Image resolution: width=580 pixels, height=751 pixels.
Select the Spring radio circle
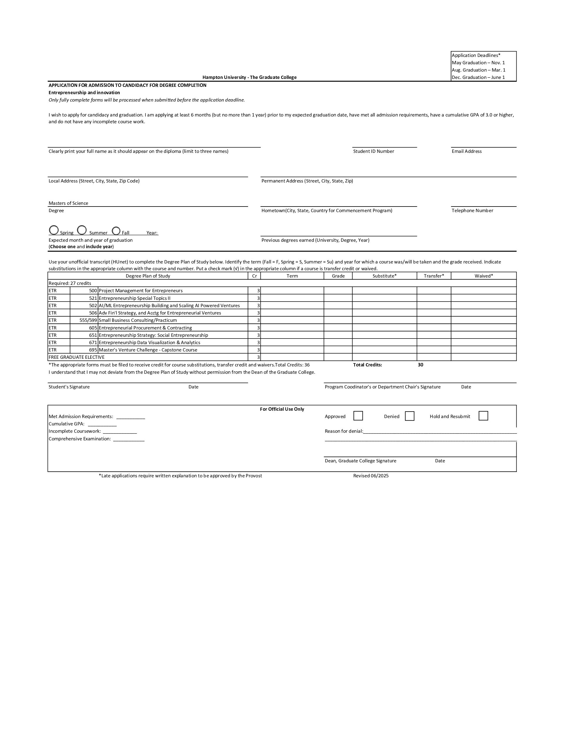point(54,230)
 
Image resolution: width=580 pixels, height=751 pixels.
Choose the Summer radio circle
point(82,230)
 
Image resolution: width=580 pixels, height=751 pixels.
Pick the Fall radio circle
point(116,230)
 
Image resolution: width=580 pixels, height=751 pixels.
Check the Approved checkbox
point(358,416)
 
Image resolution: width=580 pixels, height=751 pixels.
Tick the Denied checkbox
point(409,416)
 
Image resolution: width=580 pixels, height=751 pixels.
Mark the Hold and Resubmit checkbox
point(483,416)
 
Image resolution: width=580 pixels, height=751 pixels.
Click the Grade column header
point(338,276)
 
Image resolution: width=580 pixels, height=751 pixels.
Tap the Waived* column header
point(484,276)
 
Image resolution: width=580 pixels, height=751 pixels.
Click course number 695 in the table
point(93,350)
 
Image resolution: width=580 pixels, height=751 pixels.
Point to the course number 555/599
point(88,320)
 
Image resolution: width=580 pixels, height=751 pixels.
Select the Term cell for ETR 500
point(292,290)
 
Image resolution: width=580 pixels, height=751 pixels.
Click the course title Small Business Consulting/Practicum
point(138,320)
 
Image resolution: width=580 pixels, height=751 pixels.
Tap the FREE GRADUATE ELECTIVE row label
point(76,357)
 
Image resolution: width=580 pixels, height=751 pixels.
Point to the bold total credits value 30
point(420,365)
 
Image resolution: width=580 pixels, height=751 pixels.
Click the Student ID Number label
point(373,151)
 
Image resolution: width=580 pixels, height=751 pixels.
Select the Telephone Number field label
point(472,210)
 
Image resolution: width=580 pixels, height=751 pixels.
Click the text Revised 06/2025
point(371,476)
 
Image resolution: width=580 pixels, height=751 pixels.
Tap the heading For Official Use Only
point(282,409)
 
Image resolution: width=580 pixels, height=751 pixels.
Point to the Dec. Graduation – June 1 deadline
point(478,77)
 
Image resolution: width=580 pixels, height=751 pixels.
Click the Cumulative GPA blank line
point(102,424)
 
